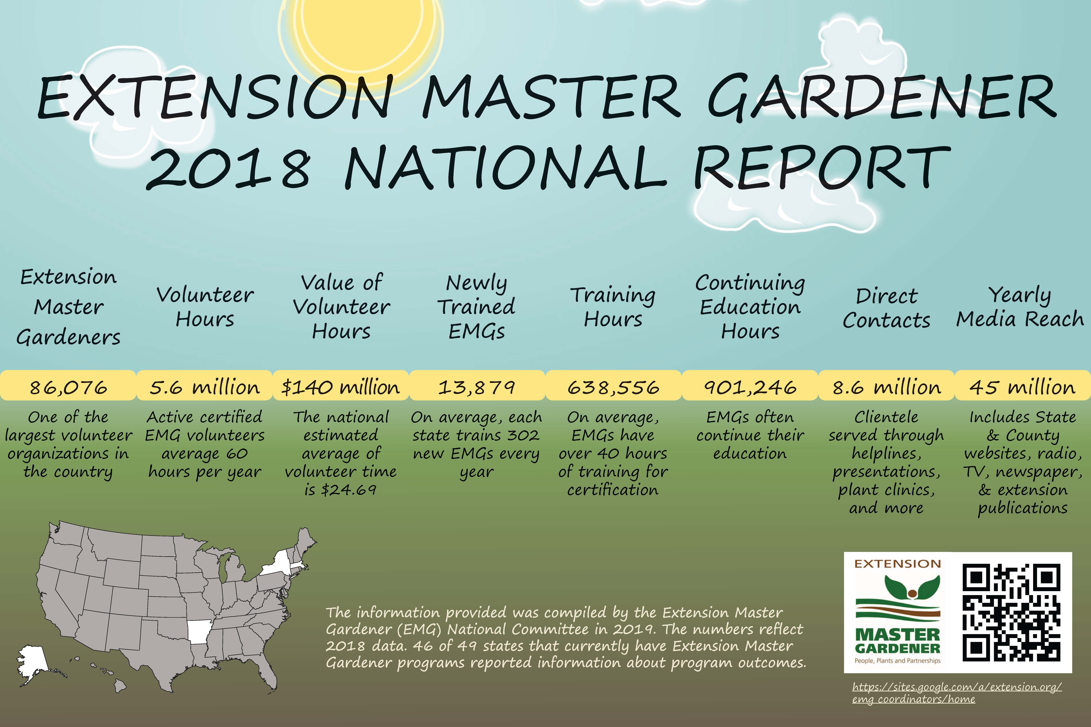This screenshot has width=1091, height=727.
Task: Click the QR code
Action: coord(1011,612)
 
